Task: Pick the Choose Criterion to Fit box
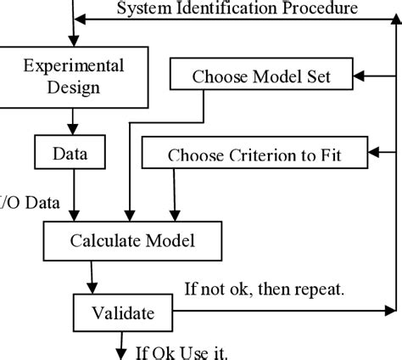point(255,155)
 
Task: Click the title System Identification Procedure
point(237,10)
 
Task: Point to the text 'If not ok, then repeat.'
point(265,289)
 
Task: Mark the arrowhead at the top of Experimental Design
point(74,40)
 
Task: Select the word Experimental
point(74,65)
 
